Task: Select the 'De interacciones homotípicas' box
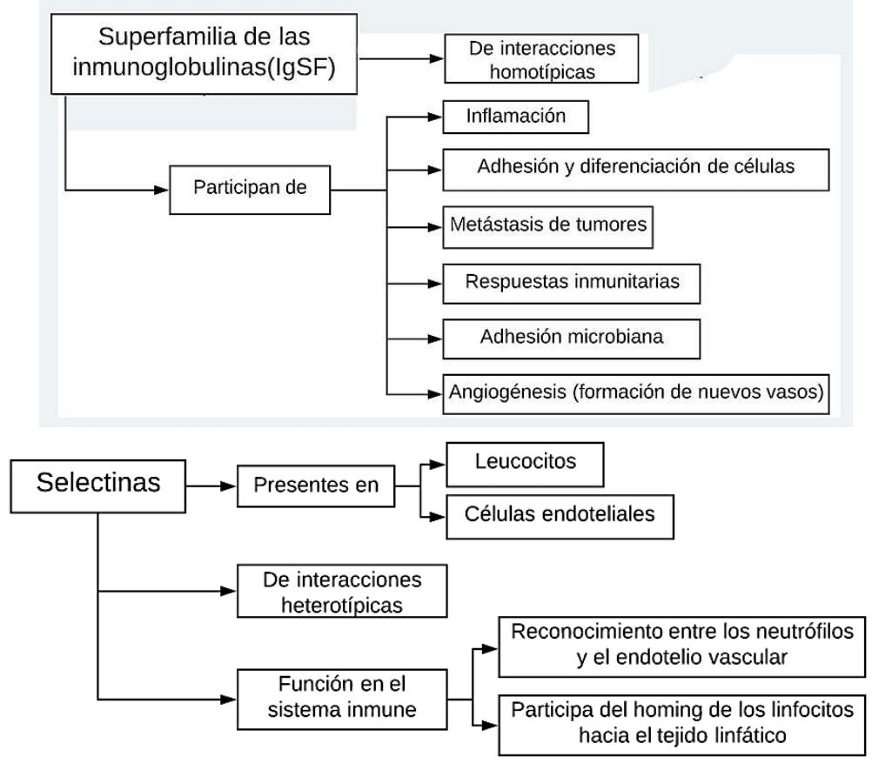pos(529,58)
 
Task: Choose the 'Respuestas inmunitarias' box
pos(572,282)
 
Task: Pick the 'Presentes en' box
pos(315,486)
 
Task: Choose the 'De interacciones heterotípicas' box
pos(341,592)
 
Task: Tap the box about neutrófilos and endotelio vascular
pos(681,644)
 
